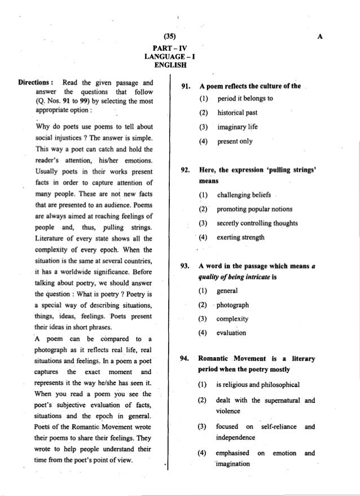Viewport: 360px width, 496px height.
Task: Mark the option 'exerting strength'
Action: (x=240, y=237)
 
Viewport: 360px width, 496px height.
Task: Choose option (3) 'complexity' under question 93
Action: (x=232, y=318)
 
